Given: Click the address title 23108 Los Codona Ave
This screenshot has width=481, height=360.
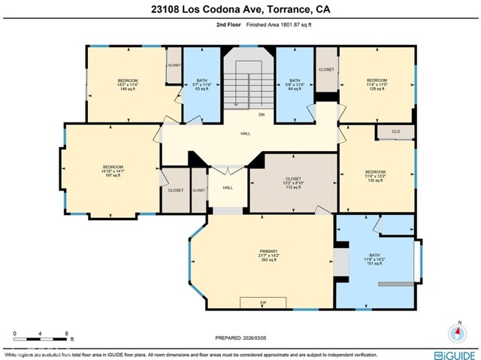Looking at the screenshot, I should tap(240, 10).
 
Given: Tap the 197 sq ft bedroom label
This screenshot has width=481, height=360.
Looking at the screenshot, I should tap(113, 171).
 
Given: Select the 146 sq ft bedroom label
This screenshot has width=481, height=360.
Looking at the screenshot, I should tap(127, 85).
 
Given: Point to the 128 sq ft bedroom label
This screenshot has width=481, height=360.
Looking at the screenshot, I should tap(376, 85).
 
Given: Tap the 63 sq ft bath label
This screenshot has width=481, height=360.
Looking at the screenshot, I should tap(201, 85).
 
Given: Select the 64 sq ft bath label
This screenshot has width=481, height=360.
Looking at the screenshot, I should tap(295, 85).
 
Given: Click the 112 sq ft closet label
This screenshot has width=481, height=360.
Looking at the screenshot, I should tap(272, 183).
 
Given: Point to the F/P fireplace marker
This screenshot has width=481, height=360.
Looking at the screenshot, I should tap(263, 303).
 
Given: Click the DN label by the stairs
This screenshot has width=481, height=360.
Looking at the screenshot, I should tap(262, 115).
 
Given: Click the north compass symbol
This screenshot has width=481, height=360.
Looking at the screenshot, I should tap(458, 332).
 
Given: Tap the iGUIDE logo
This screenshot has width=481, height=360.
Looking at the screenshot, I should tap(454, 354).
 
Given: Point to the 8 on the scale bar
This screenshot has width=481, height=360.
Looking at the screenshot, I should tap(67, 333).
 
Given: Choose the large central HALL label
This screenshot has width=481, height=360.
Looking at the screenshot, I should tap(246, 135).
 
